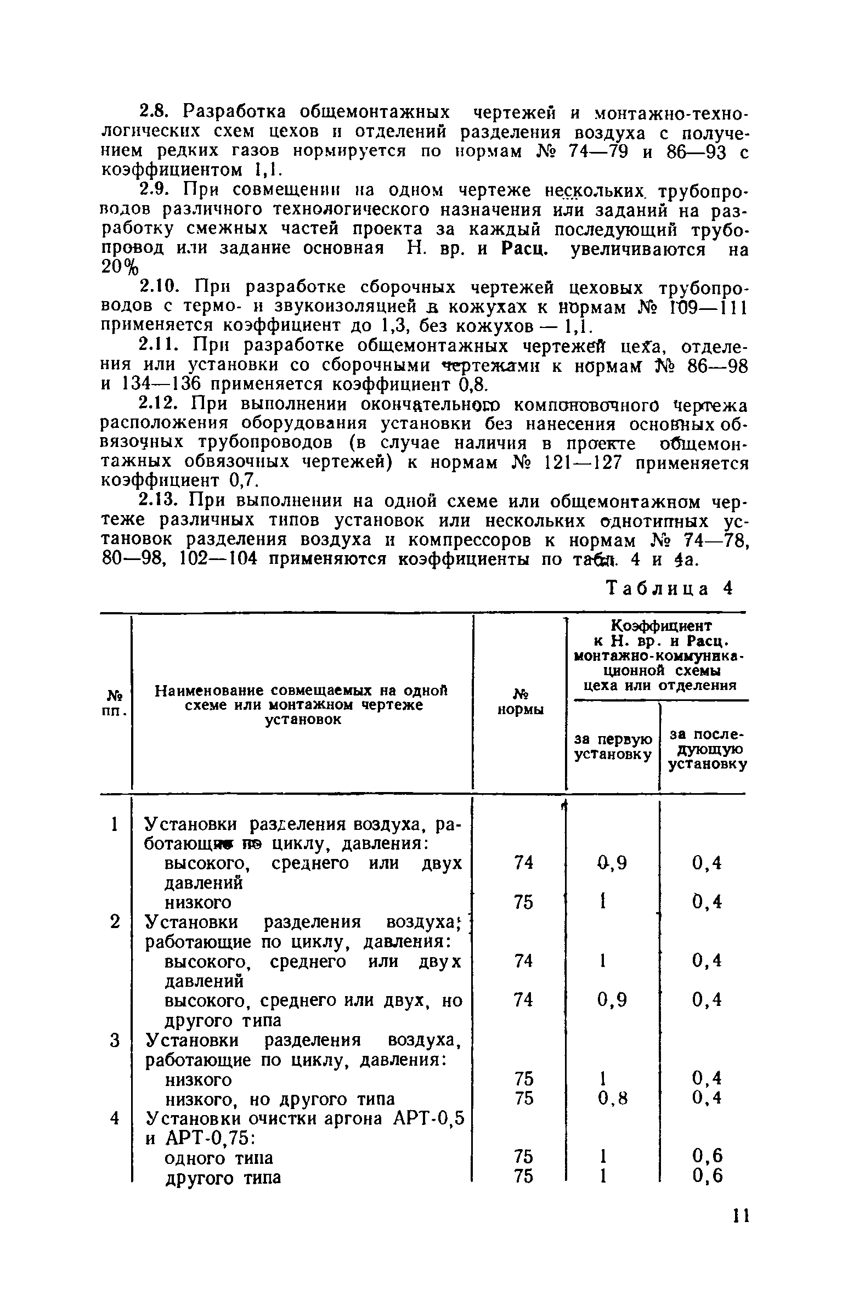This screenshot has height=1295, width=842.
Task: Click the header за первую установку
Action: [x=613, y=746]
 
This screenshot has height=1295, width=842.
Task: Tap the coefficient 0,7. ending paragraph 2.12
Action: [x=241, y=480]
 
